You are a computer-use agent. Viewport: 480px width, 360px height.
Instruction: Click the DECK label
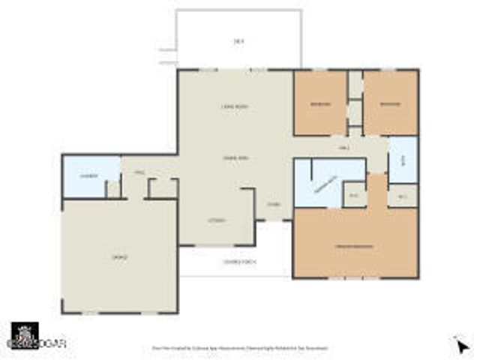coord(239,40)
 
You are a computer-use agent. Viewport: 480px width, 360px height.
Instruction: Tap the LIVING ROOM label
coord(234,107)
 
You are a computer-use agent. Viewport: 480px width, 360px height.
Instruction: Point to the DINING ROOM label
coord(235,157)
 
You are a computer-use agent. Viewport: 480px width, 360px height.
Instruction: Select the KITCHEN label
coord(217,220)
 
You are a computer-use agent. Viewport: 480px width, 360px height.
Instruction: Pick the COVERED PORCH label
coord(235,261)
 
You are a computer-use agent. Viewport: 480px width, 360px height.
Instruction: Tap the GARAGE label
coord(119,257)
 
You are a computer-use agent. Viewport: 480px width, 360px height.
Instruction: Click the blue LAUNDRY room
coord(90,176)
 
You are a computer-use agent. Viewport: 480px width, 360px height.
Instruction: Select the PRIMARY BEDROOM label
coord(355,247)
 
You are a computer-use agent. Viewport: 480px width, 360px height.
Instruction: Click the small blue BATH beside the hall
coord(402,160)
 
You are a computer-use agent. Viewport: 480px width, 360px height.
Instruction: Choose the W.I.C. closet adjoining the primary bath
coord(354,195)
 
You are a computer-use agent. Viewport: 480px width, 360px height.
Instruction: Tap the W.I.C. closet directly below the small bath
coord(402,196)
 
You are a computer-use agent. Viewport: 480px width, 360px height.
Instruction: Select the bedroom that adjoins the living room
coord(320,103)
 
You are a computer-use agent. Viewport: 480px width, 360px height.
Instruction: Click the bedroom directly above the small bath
coord(391,103)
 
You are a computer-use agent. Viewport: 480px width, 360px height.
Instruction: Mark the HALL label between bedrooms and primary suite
coord(345,148)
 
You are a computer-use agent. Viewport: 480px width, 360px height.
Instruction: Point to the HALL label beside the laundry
coord(139,172)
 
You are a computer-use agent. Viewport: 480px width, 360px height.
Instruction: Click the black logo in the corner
coord(25,335)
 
